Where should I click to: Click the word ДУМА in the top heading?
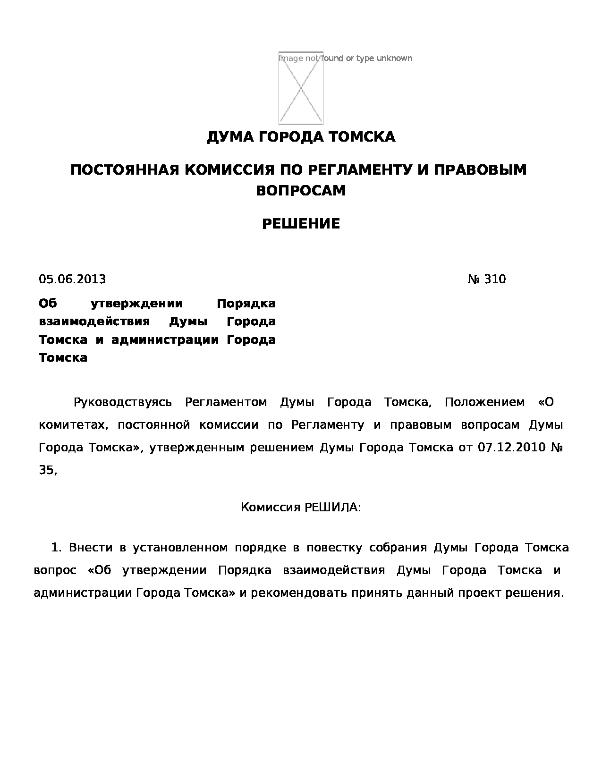point(225,137)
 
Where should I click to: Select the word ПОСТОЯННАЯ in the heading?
point(125,169)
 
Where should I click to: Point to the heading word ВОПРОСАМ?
point(301,190)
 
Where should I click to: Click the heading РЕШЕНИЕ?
point(301,224)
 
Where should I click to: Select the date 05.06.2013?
point(72,279)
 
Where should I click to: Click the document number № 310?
point(486,279)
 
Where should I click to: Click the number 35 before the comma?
point(46,470)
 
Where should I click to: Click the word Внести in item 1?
point(91,548)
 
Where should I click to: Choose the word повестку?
point(334,548)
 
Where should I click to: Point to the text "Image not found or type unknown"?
point(346,58)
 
